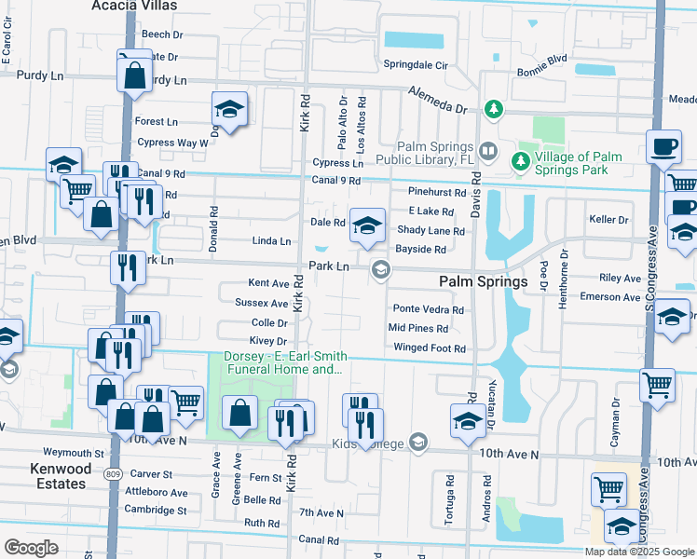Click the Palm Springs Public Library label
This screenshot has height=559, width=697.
[436, 152]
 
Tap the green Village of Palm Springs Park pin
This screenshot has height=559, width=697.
[521, 161]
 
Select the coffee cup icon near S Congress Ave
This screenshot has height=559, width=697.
[663, 146]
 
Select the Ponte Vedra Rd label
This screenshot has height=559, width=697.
[427, 309]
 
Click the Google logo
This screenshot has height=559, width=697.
[31, 548]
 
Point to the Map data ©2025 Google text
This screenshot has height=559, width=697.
[638, 552]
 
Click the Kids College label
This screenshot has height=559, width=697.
[366, 443]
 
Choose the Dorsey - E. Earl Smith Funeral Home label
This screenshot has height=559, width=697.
[284, 363]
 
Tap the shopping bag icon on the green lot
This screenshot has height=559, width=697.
[240, 411]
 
